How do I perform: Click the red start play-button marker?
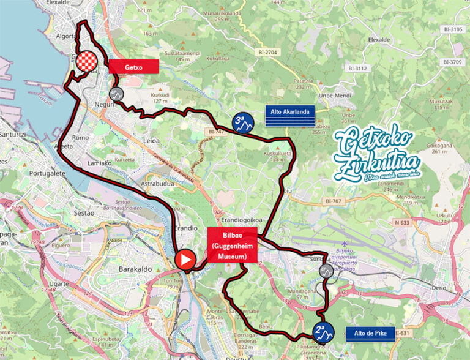[x=185, y=260]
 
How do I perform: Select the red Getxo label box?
[x=133, y=67]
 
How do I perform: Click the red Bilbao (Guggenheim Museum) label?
[x=232, y=245]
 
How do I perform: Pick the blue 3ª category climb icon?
[x=242, y=123]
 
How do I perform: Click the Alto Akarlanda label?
[x=290, y=111]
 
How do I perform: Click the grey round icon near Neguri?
[x=116, y=94]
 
